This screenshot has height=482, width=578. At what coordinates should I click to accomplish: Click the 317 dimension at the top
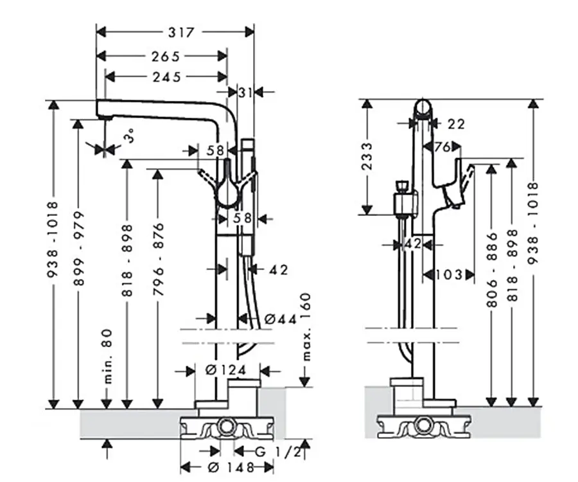(x=181, y=32)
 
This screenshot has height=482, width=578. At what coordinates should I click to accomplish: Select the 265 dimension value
(x=166, y=57)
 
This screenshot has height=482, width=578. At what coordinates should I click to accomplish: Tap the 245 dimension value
(x=167, y=77)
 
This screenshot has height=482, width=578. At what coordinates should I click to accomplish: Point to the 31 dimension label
(x=245, y=92)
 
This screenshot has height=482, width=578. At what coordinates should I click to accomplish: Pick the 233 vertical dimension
(x=367, y=156)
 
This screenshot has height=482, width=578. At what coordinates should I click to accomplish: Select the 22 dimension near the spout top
(x=456, y=124)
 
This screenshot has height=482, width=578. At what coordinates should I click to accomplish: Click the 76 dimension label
(x=442, y=147)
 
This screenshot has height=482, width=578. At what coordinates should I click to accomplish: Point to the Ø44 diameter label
(x=281, y=319)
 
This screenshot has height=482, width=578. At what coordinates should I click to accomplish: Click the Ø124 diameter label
(x=226, y=370)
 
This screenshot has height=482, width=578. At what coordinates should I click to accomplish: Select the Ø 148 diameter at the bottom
(x=231, y=468)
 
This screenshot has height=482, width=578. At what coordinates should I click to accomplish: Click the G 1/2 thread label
(x=278, y=451)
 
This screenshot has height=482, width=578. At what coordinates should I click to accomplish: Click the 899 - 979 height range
(x=79, y=248)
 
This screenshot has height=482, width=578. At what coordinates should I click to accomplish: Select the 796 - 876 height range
(x=158, y=259)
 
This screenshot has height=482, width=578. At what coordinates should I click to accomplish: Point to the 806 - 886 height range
(x=492, y=269)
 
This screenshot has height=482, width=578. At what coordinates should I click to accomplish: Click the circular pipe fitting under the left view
(x=225, y=427)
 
